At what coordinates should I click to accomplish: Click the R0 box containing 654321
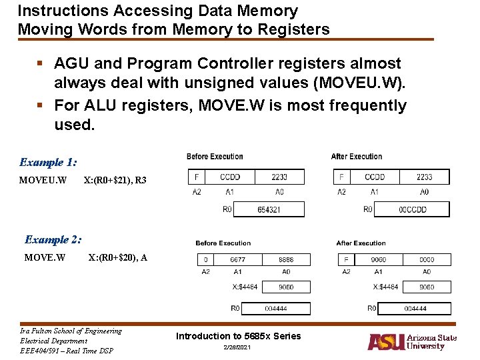click(269, 209)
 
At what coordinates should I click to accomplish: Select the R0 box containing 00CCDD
click(412, 209)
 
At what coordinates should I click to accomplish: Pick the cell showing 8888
click(285, 259)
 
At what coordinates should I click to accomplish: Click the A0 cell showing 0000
click(427, 259)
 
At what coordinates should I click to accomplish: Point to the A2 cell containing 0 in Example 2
click(205, 259)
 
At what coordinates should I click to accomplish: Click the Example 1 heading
click(48, 162)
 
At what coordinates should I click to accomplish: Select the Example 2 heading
click(53, 239)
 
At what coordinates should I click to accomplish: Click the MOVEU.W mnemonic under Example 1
click(43, 180)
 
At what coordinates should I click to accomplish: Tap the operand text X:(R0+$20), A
click(118, 257)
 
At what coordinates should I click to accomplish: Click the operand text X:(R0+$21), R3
click(115, 180)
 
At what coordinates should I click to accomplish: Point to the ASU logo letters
click(386, 341)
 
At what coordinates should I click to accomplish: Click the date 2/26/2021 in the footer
click(238, 349)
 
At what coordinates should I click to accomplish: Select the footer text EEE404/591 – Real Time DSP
click(67, 351)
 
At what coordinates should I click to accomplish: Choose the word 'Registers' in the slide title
click(293, 29)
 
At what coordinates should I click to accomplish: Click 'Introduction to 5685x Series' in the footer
click(238, 336)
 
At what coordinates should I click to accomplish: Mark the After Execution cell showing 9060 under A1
click(378, 259)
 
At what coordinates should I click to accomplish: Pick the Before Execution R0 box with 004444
click(276, 309)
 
